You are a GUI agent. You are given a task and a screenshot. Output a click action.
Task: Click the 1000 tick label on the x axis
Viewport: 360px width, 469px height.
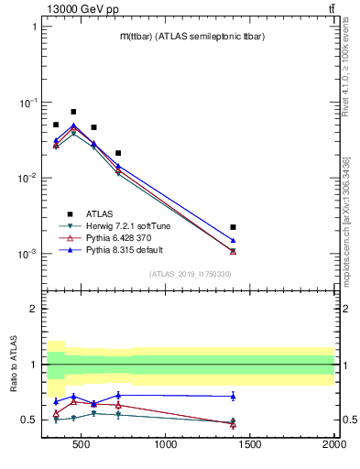166,446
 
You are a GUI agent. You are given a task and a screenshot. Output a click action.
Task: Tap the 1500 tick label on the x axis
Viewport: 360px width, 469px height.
250,446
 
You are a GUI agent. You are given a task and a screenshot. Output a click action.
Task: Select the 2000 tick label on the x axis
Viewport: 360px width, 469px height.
333,446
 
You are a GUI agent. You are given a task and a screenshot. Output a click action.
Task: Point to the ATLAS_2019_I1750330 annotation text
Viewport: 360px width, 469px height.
190,274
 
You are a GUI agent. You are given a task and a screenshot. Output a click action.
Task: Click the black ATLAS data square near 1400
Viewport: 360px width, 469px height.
233,226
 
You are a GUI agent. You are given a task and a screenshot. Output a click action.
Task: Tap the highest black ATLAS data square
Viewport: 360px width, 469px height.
73,112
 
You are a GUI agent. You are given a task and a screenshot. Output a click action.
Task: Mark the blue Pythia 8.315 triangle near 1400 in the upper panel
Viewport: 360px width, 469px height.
233,240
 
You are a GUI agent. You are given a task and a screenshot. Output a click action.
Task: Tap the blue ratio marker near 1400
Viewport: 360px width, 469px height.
233,396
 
